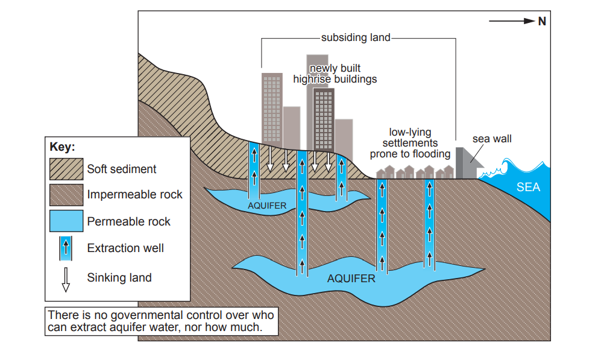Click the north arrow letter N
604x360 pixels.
(542, 21)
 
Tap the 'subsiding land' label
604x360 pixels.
(356, 37)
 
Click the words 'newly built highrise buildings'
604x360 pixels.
(335, 74)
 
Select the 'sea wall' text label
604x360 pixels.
(492, 139)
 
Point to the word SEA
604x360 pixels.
(528, 187)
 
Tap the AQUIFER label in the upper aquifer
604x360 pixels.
(267, 206)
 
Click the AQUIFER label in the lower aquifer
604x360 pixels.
(351, 279)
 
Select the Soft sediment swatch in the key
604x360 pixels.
(66, 169)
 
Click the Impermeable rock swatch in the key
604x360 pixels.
(66, 195)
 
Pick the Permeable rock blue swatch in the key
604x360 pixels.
(66, 221)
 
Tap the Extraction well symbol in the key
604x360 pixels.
(66, 248)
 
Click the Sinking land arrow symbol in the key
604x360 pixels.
(66, 279)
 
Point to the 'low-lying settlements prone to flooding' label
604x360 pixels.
(410, 143)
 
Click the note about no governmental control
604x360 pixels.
(161, 321)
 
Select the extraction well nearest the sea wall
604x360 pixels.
(429, 223)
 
